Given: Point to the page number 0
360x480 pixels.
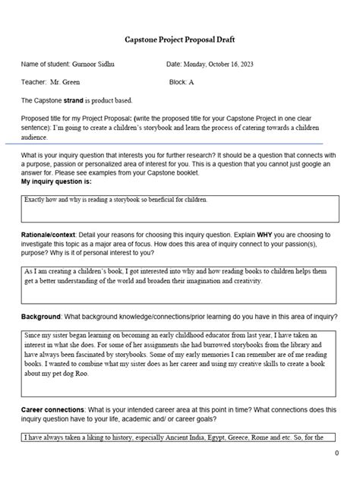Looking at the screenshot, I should click(336, 453).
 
